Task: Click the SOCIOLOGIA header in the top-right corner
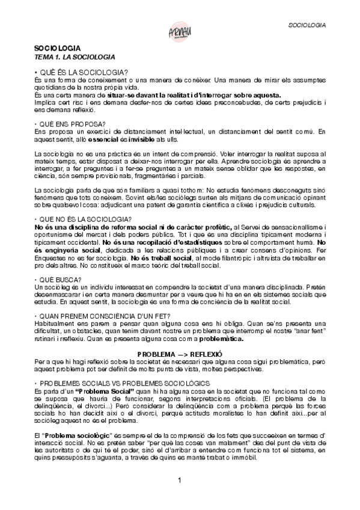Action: [308, 26]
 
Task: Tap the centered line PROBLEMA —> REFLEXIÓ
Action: [180, 354]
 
